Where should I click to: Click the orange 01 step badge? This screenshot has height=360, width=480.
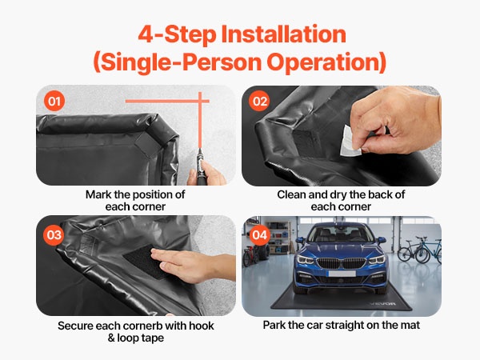(54, 101)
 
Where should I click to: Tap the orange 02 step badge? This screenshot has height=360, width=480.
(260, 101)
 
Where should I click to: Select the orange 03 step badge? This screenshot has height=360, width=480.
(54, 234)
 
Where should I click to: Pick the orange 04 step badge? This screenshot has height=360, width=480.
(260, 234)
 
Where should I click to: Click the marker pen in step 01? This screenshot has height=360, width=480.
(201, 167)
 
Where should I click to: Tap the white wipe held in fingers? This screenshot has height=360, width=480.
(350, 141)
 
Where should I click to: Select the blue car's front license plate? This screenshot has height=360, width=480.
(342, 274)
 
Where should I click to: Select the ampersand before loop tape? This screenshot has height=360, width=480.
(111, 338)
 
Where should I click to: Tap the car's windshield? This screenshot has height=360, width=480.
(340, 234)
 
